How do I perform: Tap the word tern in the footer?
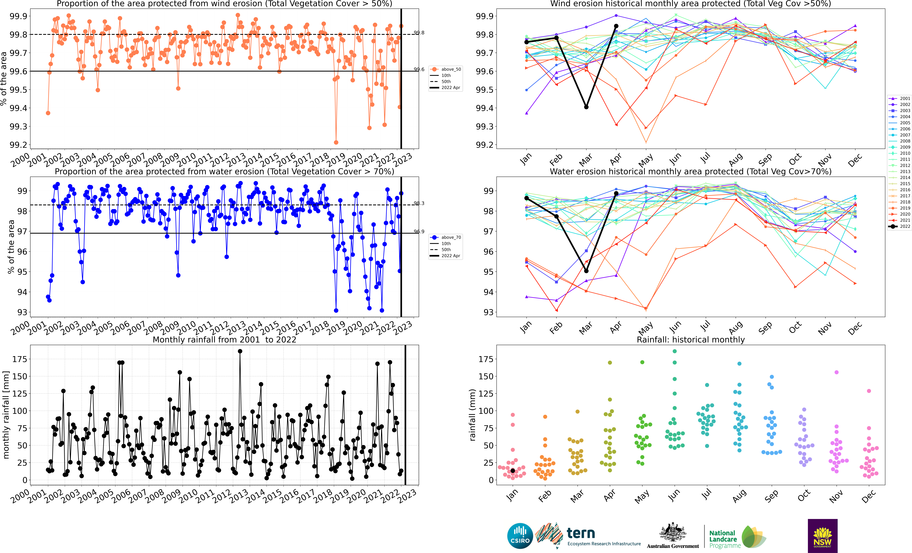[581, 533]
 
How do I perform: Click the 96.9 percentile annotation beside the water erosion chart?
[419, 232]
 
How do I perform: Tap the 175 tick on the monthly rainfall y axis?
[20, 359]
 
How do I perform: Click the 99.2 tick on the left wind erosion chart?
[19, 145]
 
